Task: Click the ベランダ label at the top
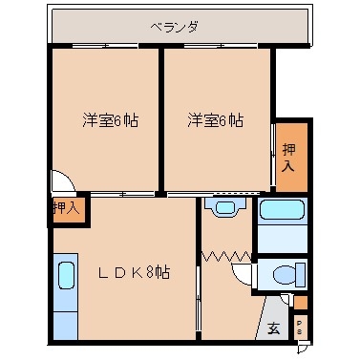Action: (174, 27)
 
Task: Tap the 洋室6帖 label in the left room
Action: (106, 121)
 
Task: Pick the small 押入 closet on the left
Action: (66, 206)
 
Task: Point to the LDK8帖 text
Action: (134, 272)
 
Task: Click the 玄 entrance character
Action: (274, 329)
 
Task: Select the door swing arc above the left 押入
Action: (61, 181)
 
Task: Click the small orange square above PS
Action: (300, 304)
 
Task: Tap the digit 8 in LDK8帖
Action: (152, 272)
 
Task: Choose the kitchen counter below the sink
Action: (66, 316)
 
